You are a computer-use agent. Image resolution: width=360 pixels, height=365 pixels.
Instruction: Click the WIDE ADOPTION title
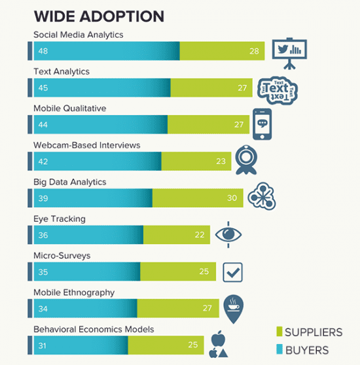tap(99, 16)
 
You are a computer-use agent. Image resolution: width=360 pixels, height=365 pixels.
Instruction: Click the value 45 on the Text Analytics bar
tap(43, 88)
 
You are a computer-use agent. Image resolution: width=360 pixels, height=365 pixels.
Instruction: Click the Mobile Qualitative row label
tap(69, 108)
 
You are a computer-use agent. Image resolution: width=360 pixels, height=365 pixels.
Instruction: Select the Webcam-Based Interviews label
tap(86, 145)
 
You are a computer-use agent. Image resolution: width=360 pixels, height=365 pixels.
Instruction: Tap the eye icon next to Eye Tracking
tap(230, 234)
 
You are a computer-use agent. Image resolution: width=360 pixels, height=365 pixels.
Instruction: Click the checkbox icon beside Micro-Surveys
tap(233, 271)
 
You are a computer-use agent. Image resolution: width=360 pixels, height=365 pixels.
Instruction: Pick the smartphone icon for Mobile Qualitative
tap(262, 123)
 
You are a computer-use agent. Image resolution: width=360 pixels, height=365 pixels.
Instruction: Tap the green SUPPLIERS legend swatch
tap(279, 332)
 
